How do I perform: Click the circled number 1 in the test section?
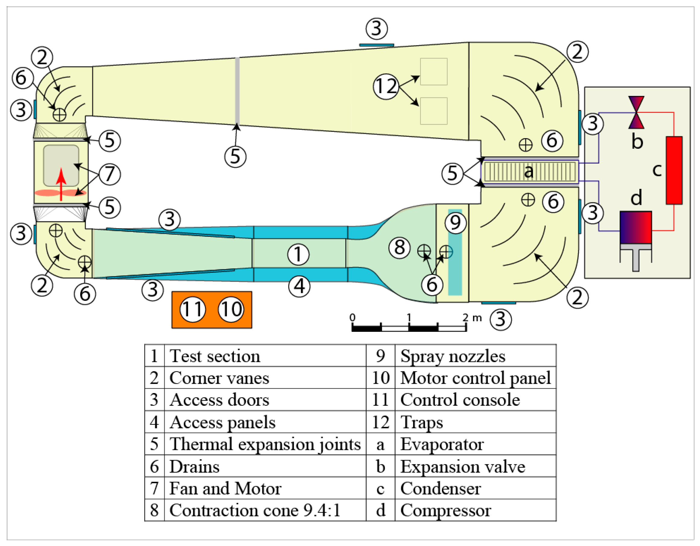298,254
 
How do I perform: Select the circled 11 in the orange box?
192,309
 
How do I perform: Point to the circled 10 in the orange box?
231,309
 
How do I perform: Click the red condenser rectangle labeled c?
674,170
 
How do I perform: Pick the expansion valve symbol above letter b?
636,112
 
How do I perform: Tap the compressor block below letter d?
635,227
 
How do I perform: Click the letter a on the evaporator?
528,171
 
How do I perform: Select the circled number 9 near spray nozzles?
455,222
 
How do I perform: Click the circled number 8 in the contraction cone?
399,247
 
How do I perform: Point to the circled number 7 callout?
110,174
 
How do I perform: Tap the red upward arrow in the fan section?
61,184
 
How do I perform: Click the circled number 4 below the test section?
299,286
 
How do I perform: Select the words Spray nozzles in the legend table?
452,356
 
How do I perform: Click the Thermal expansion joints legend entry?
265,444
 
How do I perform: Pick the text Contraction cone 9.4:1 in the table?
255,510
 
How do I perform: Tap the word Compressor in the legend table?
446,510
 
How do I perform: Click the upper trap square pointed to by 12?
433,71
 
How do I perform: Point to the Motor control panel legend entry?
475,378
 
